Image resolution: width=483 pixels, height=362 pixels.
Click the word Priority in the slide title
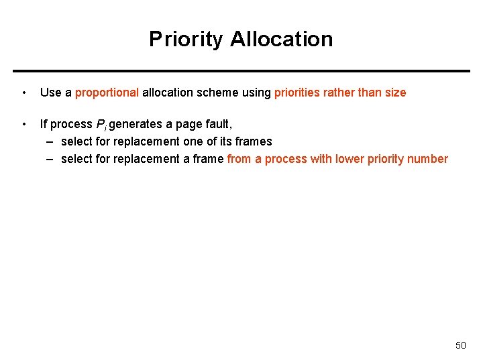coord(186,39)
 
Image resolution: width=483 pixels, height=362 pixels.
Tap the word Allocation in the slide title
coord(281,39)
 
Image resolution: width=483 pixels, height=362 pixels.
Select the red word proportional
coord(107,93)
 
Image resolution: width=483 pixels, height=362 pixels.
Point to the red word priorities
coord(297,93)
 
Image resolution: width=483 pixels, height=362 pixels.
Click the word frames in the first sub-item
coord(254,141)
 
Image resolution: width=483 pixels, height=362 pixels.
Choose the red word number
coord(428,159)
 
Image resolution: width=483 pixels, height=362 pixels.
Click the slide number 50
coord(460,345)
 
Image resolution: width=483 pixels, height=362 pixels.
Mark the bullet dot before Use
coord(24,93)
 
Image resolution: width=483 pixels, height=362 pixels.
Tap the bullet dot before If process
coord(24,124)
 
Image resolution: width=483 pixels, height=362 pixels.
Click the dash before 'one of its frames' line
coord(51,141)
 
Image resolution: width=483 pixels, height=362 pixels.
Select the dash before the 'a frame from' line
coord(51,159)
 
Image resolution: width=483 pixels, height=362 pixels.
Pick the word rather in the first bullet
coord(339,93)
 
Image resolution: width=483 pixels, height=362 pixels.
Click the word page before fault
coord(189,125)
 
